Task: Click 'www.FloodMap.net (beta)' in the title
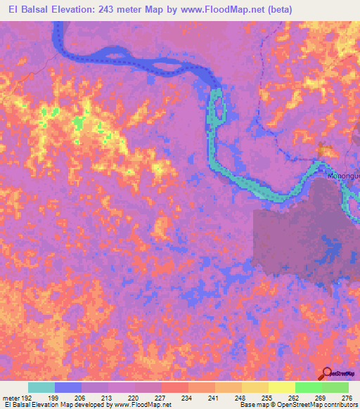point(226,10)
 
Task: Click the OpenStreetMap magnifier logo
point(328,373)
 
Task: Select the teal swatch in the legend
point(41,387)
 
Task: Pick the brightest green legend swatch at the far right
point(335,387)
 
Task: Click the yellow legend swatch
point(281,387)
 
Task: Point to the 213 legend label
point(108,398)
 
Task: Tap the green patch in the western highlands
point(77,124)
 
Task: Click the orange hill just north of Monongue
point(326,150)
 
